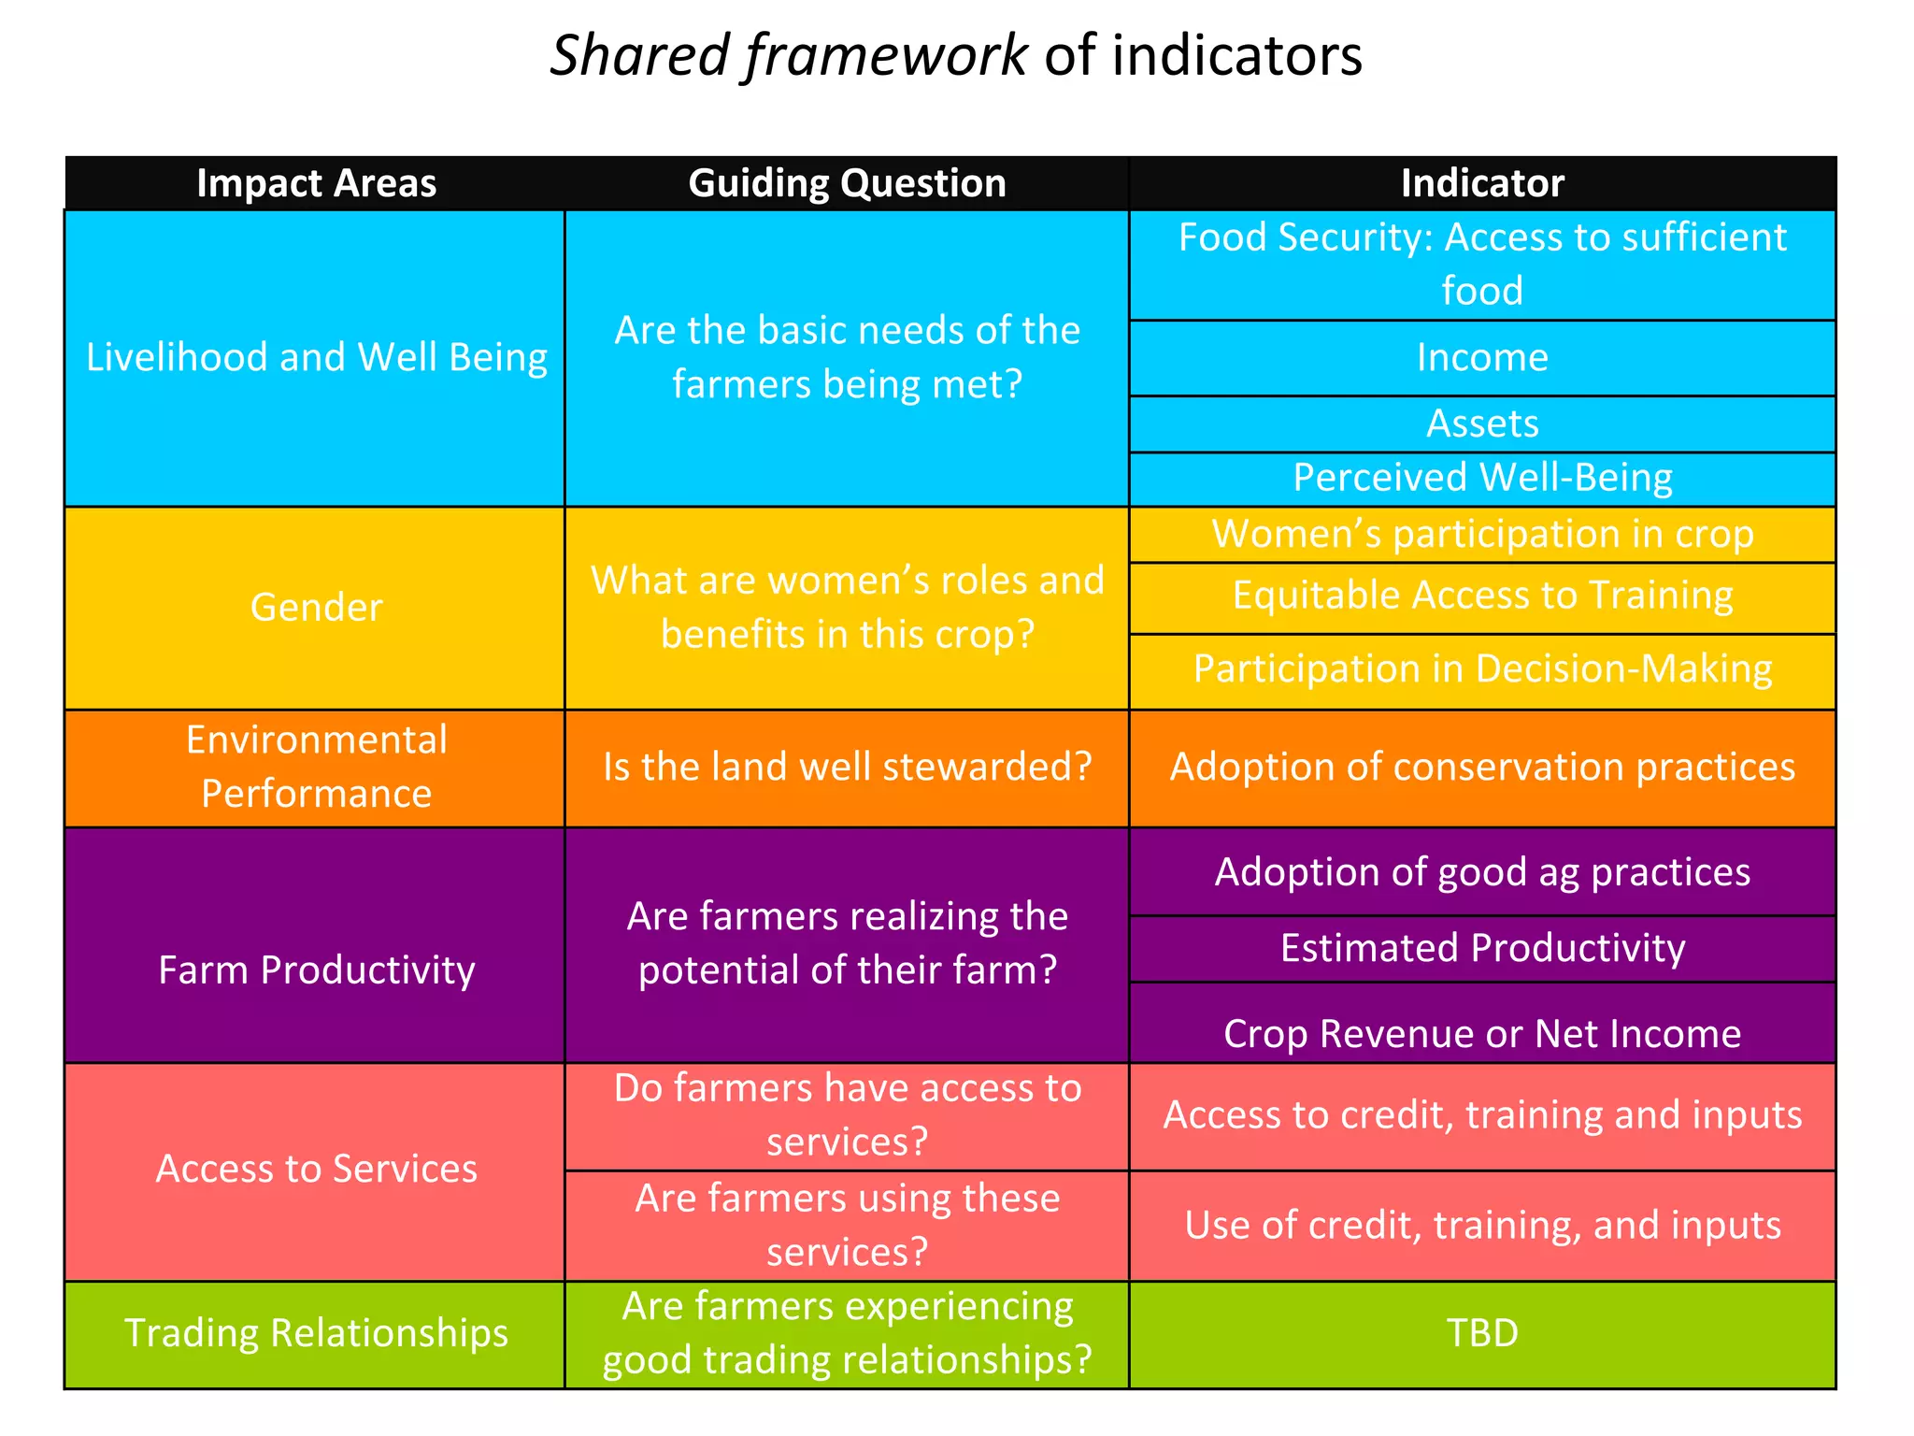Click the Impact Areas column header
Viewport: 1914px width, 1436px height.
(316, 183)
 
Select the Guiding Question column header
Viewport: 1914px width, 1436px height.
(847, 183)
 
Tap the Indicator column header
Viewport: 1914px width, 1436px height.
(1482, 183)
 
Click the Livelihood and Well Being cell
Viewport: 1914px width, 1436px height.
(316, 358)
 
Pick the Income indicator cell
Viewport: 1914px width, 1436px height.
(1482, 358)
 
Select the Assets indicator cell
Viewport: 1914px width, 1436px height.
(1482, 424)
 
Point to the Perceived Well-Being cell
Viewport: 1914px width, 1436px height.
(1482, 478)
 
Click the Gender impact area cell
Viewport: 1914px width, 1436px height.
(316, 608)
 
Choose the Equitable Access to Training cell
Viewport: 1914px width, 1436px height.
(1482, 596)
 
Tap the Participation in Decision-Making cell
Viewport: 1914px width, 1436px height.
(1482, 669)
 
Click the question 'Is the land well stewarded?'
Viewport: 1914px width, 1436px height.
(847, 768)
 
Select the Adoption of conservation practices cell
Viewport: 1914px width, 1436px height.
(1482, 768)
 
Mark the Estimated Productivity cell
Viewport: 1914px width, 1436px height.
(1482, 948)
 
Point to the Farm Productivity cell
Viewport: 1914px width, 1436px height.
(316, 970)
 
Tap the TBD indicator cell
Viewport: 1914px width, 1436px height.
(1482, 1333)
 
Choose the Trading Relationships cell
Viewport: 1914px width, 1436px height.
(316, 1333)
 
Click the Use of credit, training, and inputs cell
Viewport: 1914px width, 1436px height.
(1482, 1226)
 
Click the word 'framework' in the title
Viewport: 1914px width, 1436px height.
(886, 56)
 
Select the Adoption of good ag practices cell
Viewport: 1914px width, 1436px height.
(1482, 872)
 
